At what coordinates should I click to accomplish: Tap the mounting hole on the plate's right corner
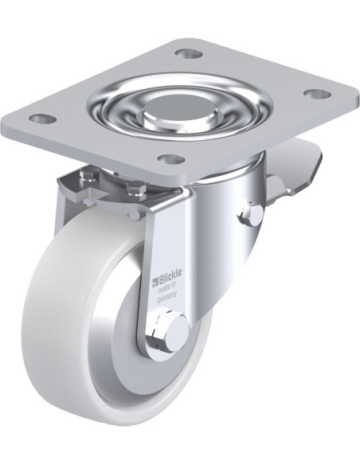(318, 94)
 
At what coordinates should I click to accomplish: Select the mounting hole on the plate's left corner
(43, 119)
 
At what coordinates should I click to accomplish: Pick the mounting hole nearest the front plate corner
(170, 159)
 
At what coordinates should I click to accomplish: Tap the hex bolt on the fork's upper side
(252, 215)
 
